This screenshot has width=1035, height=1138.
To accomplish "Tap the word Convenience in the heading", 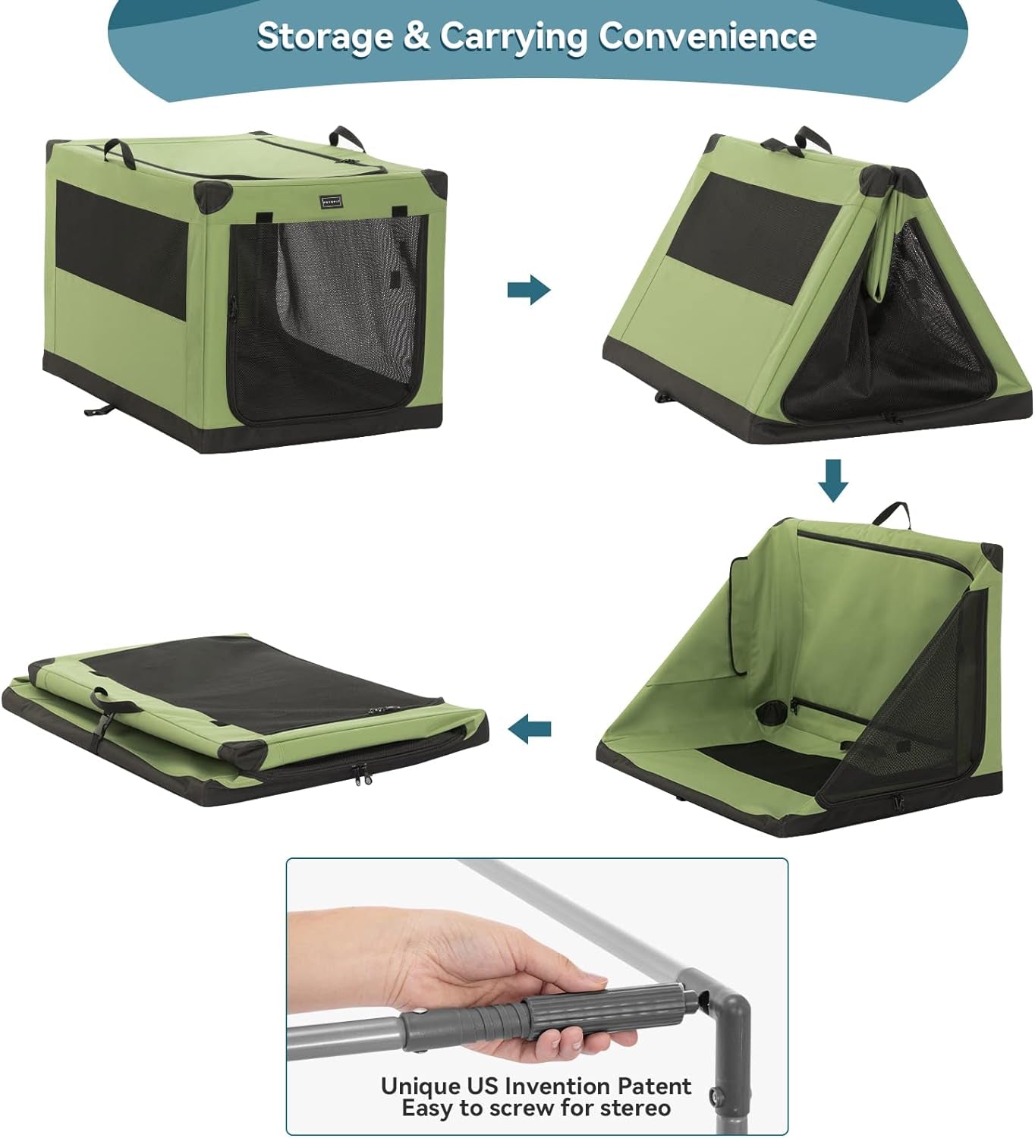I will point(707,36).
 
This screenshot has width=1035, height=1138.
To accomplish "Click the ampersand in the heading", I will point(416,36).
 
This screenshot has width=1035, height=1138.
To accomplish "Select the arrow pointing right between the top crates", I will point(529,289).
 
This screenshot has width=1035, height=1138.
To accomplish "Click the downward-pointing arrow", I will point(833,479).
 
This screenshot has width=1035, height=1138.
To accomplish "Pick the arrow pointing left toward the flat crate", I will point(530,730).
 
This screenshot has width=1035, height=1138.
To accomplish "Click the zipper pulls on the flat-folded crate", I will point(362,775).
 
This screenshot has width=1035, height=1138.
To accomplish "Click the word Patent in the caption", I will point(653,1086).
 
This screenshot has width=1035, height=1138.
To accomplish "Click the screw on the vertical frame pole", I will point(715,1095).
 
